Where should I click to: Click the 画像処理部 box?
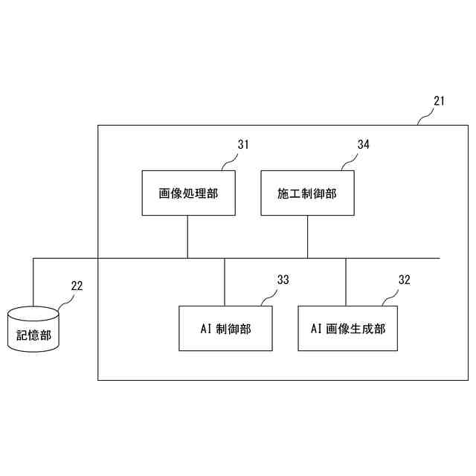188,193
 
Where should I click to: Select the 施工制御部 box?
307,193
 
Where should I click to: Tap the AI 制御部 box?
225,328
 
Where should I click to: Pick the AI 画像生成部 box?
346,328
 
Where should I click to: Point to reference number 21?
439,101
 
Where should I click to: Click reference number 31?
243,145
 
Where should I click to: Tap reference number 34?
363,145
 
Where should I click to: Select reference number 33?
283,280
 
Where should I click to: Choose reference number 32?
404,280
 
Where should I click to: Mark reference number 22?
77,285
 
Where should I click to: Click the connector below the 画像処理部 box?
187,237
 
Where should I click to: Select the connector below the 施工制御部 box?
307,237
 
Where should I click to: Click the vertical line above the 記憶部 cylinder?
33,283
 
